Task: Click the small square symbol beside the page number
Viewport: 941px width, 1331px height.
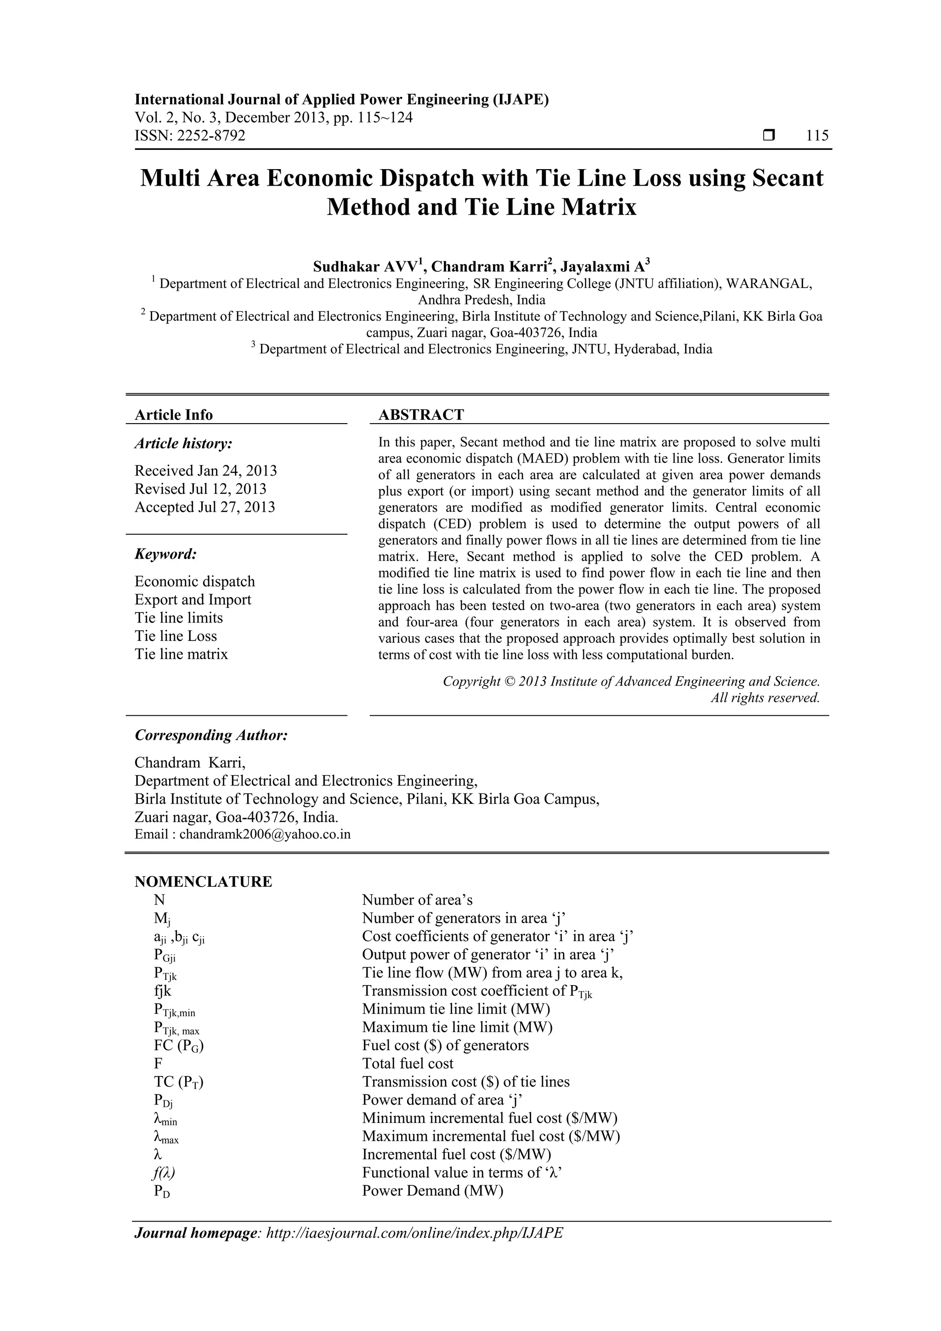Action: pyautogui.click(x=769, y=136)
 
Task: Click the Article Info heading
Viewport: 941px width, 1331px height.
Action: pyautogui.click(x=174, y=414)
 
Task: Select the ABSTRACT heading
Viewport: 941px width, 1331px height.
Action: pyautogui.click(x=421, y=414)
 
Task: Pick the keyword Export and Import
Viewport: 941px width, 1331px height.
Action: pyautogui.click(x=193, y=600)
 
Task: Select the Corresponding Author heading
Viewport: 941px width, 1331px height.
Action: pyautogui.click(x=211, y=735)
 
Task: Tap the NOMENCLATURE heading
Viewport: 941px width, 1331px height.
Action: pyautogui.click(x=203, y=882)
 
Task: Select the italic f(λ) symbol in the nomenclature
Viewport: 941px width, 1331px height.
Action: pyautogui.click(x=163, y=1173)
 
